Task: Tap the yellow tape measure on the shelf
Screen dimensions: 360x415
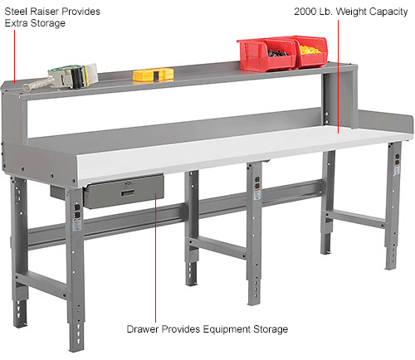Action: pyautogui.click(x=153, y=75)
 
